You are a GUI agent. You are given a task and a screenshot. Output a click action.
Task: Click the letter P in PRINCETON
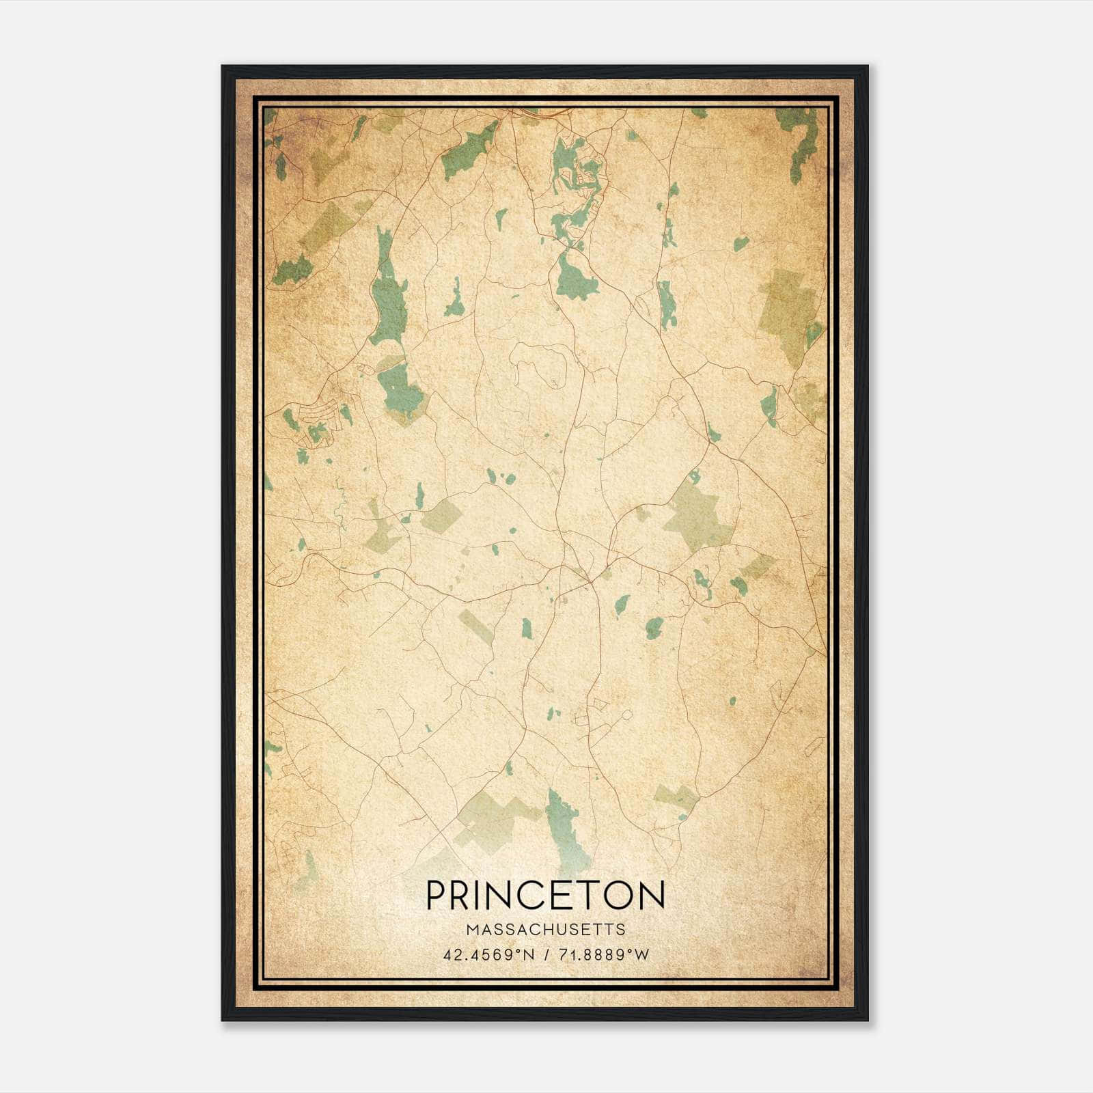click(437, 895)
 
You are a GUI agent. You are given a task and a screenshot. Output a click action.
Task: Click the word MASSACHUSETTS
click(545, 930)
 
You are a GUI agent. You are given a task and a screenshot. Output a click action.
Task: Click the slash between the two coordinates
click(546, 955)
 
